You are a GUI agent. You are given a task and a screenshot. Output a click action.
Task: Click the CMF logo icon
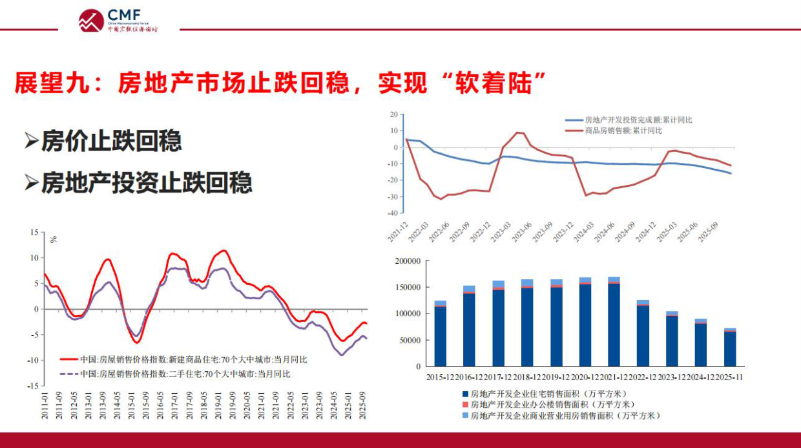(91, 20)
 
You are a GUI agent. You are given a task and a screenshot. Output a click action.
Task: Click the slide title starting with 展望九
(281, 83)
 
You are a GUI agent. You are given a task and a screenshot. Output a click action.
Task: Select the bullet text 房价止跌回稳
(111, 141)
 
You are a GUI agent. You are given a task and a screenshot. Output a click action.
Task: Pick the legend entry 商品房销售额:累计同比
(623, 131)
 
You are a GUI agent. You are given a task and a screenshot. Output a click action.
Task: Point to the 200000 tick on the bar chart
(406, 261)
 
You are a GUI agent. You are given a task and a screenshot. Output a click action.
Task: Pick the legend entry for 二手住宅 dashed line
(185, 374)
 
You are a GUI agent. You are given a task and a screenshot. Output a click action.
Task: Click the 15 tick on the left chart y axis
(34, 232)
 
